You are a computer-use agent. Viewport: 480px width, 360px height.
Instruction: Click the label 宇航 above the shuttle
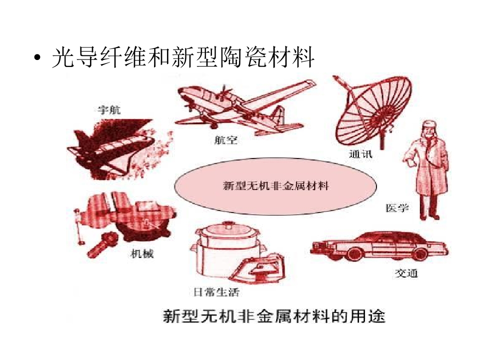point(109,110)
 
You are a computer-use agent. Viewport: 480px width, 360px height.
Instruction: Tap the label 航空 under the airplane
point(225,140)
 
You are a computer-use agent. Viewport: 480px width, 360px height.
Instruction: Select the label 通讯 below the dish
point(360,153)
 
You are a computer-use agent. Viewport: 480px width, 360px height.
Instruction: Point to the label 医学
point(397,208)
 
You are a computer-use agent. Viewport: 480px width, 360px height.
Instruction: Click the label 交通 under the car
point(406,273)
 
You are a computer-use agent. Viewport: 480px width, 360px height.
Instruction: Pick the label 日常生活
point(216,292)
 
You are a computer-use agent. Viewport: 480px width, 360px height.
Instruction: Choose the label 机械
point(142,253)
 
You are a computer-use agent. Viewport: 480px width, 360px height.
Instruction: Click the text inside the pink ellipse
point(275,186)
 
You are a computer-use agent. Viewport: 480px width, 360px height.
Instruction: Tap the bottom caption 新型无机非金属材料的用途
point(273,316)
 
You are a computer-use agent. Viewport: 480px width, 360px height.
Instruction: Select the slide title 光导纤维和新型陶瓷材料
point(183,57)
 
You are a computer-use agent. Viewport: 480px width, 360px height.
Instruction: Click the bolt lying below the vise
point(103,244)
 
